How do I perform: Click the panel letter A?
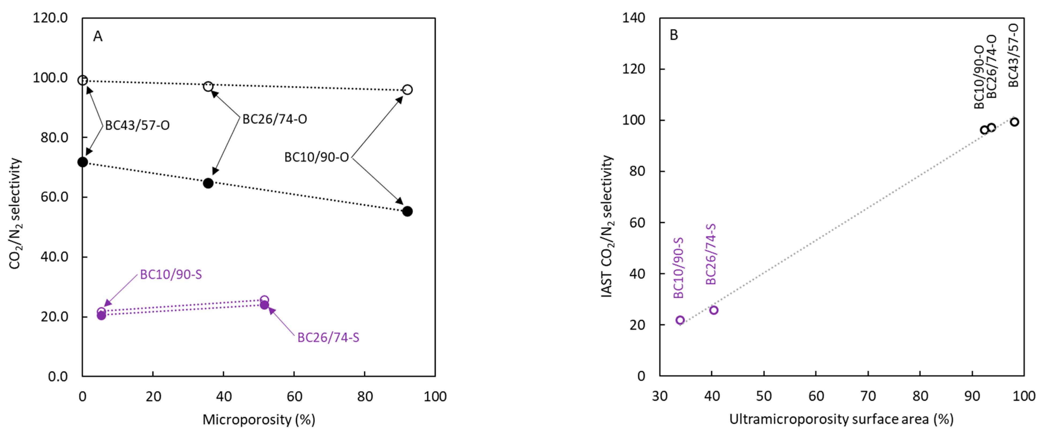[x=98, y=37]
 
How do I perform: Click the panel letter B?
[x=674, y=35]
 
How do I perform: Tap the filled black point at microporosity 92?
[x=407, y=211]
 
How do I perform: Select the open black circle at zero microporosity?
[x=82, y=80]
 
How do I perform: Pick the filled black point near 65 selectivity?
[x=208, y=183]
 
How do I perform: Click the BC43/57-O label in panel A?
[x=137, y=126]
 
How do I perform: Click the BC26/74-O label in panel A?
[x=275, y=119]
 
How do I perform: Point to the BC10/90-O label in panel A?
[x=316, y=157]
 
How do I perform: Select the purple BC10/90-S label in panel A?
[x=171, y=275]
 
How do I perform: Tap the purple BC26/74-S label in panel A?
[x=328, y=337]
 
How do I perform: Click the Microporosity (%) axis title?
[x=259, y=420]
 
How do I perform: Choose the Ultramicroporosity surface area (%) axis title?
[x=841, y=419]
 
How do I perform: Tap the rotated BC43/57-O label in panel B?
[x=1013, y=55]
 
